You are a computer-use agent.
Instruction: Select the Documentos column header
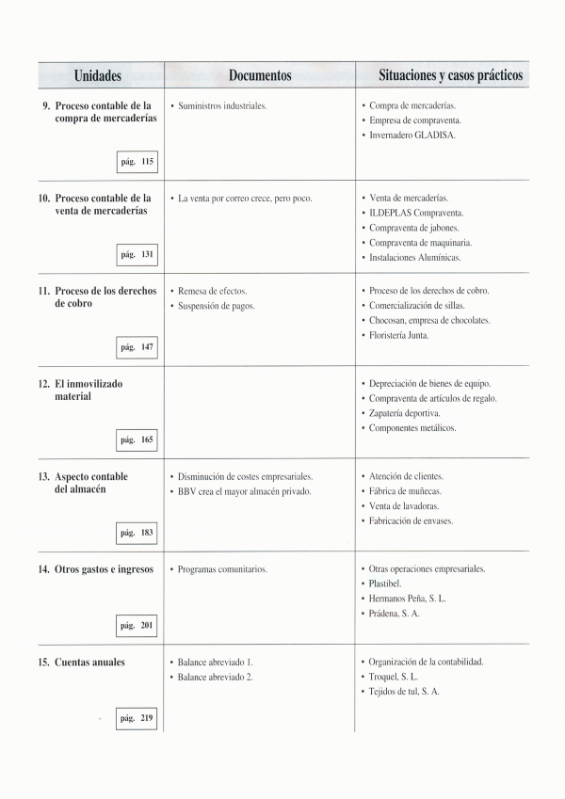pyautogui.click(x=260, y=75)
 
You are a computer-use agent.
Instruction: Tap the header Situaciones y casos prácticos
pyautogui.click(x=450, y=75)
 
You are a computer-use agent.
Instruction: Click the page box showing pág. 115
pyautogui.click(x=137, y=162)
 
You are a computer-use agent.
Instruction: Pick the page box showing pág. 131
pyautogui.click(x=137, y=255)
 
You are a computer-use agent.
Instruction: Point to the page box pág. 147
pyautogui.click(x=137, y=347)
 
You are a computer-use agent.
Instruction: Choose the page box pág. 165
pyautogui.click(x=137, y=439)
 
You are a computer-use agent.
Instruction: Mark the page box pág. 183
pyautogui.click(x=137, y=533)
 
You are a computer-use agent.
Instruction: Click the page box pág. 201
pyautogui.click(x=137, y=626)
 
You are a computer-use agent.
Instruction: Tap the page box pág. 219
pyautogui.click(x=137, y=718)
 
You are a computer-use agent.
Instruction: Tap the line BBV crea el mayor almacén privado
pyautogui.click(x=244, y=491)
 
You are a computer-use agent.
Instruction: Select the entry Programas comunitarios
pyautogui.click(x=222, y=569)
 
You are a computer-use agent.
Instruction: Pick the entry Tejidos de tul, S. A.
pyautogui.click(x=404, y=692)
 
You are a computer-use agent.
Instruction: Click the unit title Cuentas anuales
pyautogui.click(x=89, y=662)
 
